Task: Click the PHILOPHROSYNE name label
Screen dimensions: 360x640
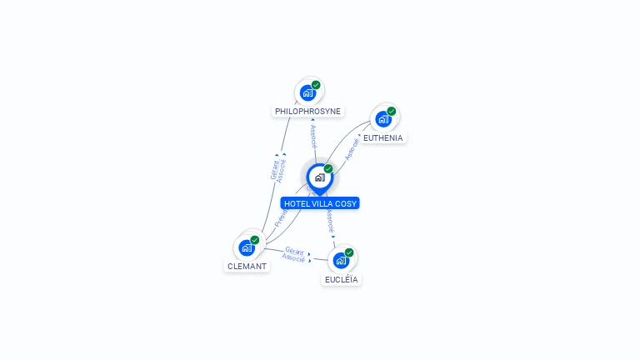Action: click(308, 111)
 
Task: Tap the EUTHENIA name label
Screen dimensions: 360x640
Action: click(382, 137)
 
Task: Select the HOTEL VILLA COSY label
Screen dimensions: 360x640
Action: click(320, 203)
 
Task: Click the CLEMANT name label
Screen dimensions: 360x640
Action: click(247, 267)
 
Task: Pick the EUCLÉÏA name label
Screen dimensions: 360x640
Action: click(342, 279)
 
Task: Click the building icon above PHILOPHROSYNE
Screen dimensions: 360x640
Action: click(307, 92)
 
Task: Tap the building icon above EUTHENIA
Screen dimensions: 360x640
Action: click(382, 119)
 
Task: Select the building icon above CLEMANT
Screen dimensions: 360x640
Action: click(246, 247)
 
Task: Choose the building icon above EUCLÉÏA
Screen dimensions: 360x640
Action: click(340, 260)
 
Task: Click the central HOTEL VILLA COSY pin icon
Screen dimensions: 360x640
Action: click(319, 177)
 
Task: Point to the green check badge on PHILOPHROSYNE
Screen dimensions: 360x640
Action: click(316, 85)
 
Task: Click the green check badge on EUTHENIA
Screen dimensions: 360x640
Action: click(391, 111)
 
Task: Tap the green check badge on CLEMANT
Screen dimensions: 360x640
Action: click(254, 240)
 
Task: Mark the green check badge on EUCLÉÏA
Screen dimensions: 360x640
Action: click(348, 252)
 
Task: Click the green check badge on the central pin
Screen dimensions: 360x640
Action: click(328, 168)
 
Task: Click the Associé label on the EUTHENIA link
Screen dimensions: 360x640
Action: click(352, 149)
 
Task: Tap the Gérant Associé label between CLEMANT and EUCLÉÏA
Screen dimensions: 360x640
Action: click(293, 254)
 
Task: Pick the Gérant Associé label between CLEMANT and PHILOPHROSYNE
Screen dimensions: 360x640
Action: click(277, 169)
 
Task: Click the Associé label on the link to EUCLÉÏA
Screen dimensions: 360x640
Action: click(330, 220)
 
